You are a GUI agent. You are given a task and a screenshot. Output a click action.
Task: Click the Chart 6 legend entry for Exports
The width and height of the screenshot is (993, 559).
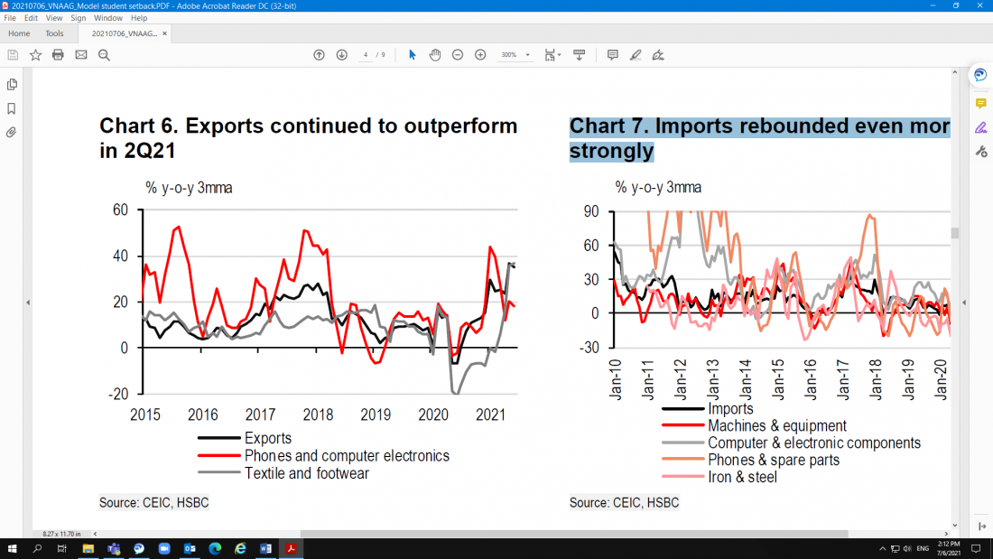tap(268, 439)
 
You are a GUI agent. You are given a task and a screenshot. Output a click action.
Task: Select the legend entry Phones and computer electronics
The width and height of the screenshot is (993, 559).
tap(347, 456)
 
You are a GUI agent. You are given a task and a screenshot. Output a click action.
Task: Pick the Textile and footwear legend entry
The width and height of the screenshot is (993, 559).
tap(306, 473)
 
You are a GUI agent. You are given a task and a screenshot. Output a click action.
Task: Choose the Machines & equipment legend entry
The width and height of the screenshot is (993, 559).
tap(777, 425)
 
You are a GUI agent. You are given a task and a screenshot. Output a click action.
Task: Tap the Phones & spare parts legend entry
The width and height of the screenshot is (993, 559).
tap(774, 460)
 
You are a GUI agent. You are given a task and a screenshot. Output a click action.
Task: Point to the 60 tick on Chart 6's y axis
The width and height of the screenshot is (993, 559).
tap(120, 210)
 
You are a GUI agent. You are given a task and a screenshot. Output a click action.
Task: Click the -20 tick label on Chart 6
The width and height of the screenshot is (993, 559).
tap(118, 395)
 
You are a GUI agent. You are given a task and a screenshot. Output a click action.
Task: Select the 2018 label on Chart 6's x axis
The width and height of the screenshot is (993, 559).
tap(318, 415)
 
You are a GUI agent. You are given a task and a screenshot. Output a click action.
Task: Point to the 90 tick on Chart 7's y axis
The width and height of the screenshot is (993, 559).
tap(592, 210)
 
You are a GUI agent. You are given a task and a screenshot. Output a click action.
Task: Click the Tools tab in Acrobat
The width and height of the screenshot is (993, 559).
tap(54, 33)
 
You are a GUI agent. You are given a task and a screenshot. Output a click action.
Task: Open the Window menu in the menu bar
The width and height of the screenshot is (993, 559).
tap(107, 18)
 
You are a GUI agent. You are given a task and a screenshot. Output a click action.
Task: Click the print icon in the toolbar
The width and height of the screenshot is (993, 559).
tap(58, 55)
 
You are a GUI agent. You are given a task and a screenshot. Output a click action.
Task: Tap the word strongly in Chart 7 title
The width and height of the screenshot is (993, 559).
tap(611, 151)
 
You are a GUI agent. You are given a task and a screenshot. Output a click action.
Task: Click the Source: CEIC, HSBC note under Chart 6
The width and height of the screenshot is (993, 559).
tap(154, 502)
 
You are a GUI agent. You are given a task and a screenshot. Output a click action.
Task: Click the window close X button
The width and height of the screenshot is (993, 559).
tap(979, 5)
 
